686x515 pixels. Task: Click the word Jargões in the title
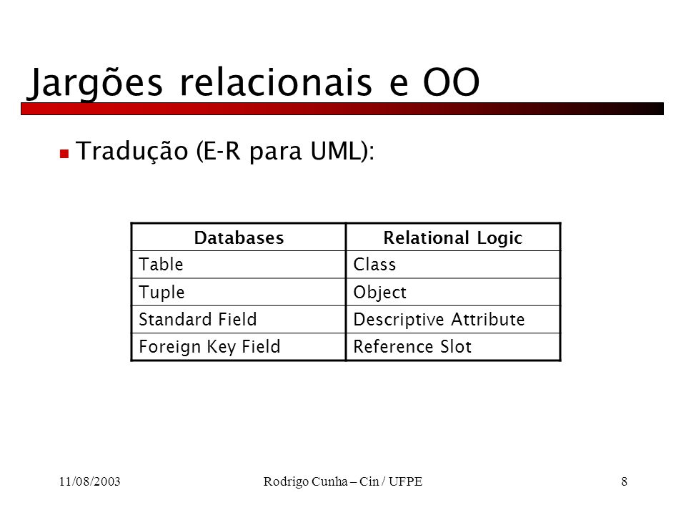95,83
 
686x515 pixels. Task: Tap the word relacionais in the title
276,82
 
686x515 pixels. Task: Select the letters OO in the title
452,82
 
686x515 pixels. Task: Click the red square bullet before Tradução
64,153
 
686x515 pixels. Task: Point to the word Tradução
132,152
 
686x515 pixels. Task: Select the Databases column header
239,237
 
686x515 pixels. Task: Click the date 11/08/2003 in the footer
90,481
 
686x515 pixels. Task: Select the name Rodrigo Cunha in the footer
305,481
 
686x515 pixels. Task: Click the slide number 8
625,481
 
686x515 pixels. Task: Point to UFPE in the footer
406,481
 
